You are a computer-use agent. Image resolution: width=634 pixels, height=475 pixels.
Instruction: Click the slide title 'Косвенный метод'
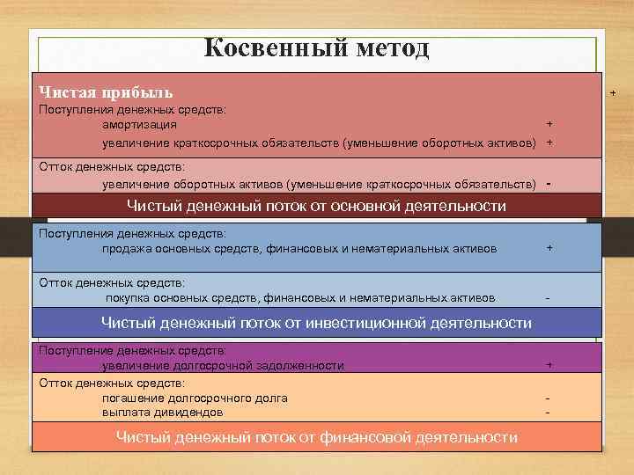tap(316, 47)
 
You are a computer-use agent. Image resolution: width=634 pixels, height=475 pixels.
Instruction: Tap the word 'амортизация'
tap(138, 126)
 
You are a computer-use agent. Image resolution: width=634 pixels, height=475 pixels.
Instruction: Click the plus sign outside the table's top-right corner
tap(613, 92)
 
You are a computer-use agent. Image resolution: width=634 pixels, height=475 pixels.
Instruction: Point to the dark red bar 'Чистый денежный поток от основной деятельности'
tap(316, 206)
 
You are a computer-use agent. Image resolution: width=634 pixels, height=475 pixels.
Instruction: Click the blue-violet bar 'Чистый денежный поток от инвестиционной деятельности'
tap(316, 323)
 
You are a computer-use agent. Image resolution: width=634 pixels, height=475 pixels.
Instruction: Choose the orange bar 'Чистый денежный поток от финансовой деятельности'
tap(316, 437)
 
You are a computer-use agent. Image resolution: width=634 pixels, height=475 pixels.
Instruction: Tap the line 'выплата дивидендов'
tap(162, 412)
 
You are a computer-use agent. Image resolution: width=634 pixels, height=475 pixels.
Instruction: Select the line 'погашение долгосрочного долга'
tap(195, 398)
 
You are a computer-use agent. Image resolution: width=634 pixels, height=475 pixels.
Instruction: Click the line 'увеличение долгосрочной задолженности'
tap(223, 365)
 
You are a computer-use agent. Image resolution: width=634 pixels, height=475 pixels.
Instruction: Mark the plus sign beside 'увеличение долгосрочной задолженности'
tap(549, 365)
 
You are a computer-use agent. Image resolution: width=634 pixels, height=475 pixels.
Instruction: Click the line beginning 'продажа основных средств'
tap(299, 249)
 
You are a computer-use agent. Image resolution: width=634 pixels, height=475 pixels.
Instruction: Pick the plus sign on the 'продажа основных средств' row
tap(549, 249)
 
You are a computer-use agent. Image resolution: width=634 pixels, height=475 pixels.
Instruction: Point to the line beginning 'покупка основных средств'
tap(300, 297)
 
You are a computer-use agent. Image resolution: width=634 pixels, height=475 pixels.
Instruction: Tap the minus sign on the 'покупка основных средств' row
tap(549, 298)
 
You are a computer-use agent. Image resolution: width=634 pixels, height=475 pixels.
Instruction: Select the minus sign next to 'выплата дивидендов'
tap(549, 412)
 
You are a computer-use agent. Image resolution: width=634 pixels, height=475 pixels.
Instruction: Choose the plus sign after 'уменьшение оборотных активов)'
tap(549, 142)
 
